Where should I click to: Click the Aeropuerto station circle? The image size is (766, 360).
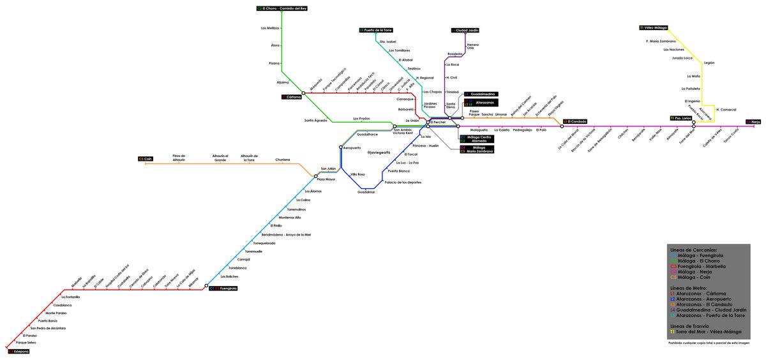point(341,147)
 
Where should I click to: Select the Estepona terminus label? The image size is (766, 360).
point(19,351)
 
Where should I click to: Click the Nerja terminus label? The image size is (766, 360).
point(753,121)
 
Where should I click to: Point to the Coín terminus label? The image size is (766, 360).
point(146,158)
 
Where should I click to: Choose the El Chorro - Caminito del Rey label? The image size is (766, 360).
point(282,8)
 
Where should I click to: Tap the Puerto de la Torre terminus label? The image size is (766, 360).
point(376,30)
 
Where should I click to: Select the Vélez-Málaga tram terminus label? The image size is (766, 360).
point(654,28)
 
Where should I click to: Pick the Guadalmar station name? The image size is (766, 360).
point(366,191)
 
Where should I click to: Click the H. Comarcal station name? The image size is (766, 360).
point(726,109)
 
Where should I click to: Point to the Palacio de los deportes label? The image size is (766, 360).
point(403,183)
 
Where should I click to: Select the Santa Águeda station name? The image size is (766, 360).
point(315,121)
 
